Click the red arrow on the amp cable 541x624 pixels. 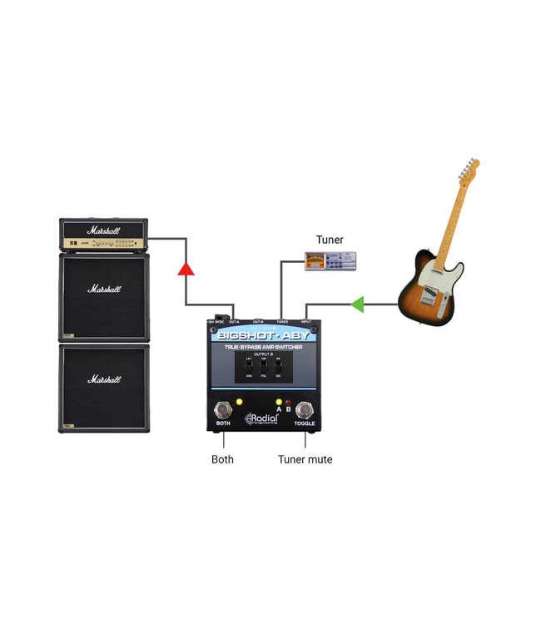186,267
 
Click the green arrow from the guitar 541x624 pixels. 357,305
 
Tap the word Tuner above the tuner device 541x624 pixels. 329,240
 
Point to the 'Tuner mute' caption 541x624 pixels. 305,459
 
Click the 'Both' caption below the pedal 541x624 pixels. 222,459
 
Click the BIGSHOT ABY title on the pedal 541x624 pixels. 262,336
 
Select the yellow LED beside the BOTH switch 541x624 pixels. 239,403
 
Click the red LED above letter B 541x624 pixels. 288,402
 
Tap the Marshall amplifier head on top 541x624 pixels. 104,235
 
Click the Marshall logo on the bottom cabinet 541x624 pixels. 105,379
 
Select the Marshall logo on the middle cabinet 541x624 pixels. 105,290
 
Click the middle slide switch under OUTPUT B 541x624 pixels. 263,367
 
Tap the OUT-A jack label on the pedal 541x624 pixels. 235,321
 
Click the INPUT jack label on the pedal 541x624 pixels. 305,321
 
